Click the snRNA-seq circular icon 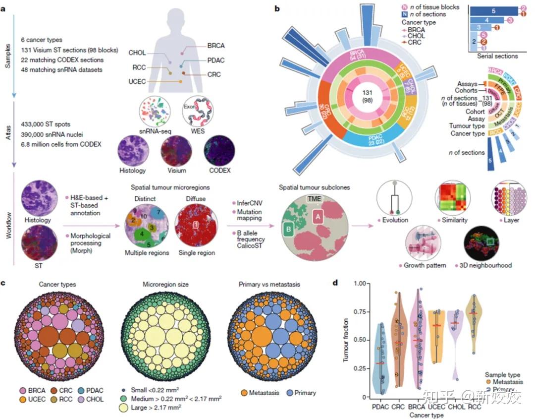click(154, 113)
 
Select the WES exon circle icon click(197, 113)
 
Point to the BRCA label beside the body click(215, 46)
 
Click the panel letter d click(335, 284)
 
